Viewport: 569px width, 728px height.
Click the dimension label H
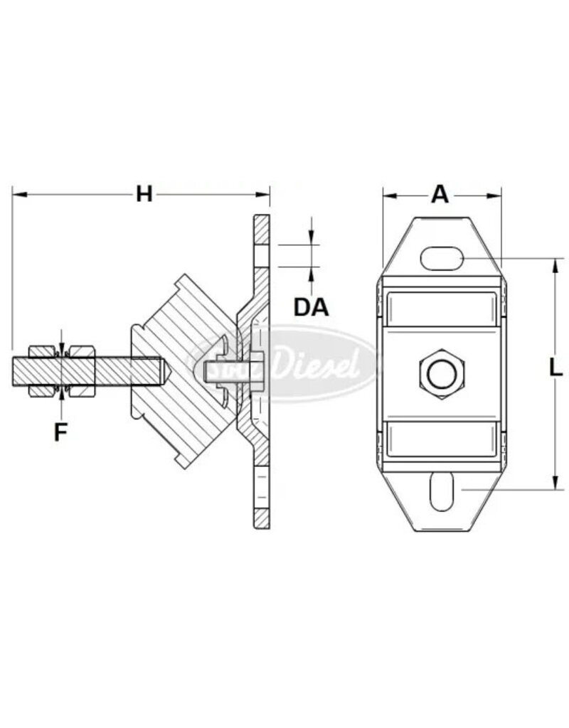[144, 193]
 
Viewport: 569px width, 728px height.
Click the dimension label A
[441, 193]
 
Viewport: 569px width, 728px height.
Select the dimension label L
[557, 368]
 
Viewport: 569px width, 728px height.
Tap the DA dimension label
[312, 306]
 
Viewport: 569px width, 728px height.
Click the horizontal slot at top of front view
[442, 257]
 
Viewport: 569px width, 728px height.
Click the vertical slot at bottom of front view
[441, 491]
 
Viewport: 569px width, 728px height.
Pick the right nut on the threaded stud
[82, 370]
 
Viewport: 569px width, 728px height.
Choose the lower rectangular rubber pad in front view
[442, 437]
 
